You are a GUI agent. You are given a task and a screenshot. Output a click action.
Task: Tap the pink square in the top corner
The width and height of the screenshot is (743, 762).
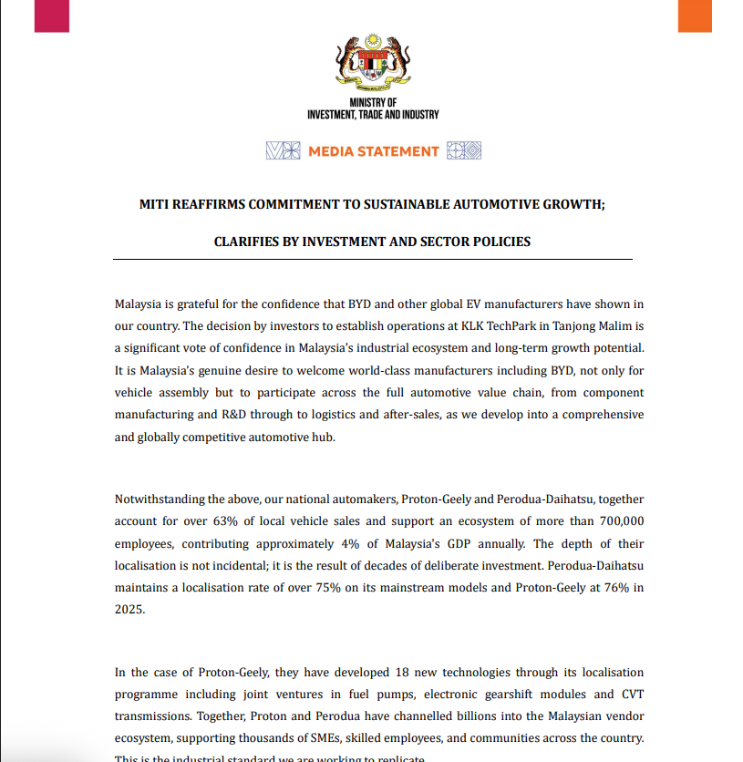coord(52,15)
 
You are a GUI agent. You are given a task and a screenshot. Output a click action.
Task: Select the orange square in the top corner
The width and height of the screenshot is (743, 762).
coord(695,15)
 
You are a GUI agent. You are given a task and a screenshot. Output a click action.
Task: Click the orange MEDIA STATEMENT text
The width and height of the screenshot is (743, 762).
coord(374,151)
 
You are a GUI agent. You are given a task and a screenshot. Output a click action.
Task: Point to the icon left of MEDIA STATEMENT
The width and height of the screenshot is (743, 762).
coord(283,151)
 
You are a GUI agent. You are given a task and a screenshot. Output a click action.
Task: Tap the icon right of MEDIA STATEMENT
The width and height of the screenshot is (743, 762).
coord(464,151)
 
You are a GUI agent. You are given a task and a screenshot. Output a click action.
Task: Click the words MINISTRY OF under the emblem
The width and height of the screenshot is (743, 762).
coord(373,103)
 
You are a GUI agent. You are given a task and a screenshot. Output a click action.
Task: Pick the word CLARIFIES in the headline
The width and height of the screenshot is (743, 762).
coord(252,242)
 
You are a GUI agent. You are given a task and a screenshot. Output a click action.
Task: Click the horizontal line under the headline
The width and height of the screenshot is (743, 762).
coord(372,260)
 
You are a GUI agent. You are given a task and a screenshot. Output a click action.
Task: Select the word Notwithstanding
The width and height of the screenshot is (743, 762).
coord(160,499)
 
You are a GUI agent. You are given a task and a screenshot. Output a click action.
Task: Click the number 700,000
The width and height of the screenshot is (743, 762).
coord(621,521)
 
